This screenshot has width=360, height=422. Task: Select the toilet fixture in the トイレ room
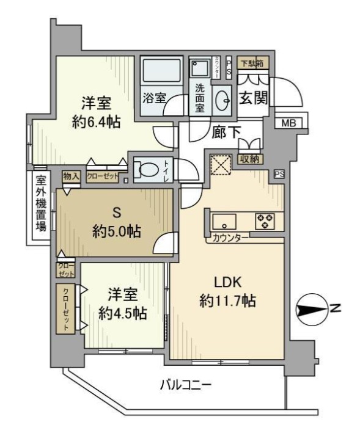pyautogui.click(x=146, y=169)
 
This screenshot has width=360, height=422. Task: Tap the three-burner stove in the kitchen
pyautogui.click(x=265, y=220)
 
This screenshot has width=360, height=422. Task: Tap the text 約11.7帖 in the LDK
pyautogui.click(x=227, y=300)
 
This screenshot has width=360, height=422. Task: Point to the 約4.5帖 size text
pyautogui.click(x=122, y=313)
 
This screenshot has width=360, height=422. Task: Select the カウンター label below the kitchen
pyautogui.click(x=230, y=238)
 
